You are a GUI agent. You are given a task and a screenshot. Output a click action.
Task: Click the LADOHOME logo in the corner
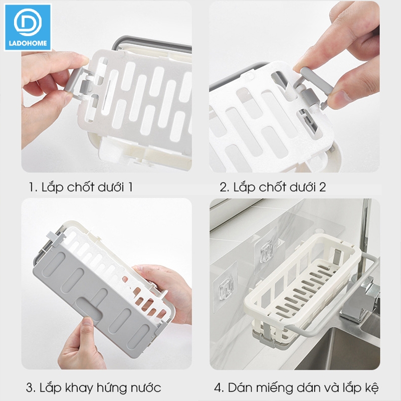[x=28, y=28]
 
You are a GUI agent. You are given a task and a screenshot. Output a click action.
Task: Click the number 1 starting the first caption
[x=31, y=187]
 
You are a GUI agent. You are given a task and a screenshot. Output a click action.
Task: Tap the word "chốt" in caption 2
[x=272, y=186]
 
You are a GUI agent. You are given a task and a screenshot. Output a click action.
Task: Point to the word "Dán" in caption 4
[x=240, y=387]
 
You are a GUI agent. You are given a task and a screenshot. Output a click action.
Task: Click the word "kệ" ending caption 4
[x=372, y=388]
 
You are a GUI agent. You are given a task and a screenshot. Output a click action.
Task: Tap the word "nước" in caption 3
[x=146, y=387]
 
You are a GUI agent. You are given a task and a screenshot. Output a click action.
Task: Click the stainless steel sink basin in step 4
[x=340, y=350]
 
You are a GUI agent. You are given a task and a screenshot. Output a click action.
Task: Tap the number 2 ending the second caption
[x=322, y=187]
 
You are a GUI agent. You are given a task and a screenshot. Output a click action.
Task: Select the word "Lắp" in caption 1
[x=52, y=186]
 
